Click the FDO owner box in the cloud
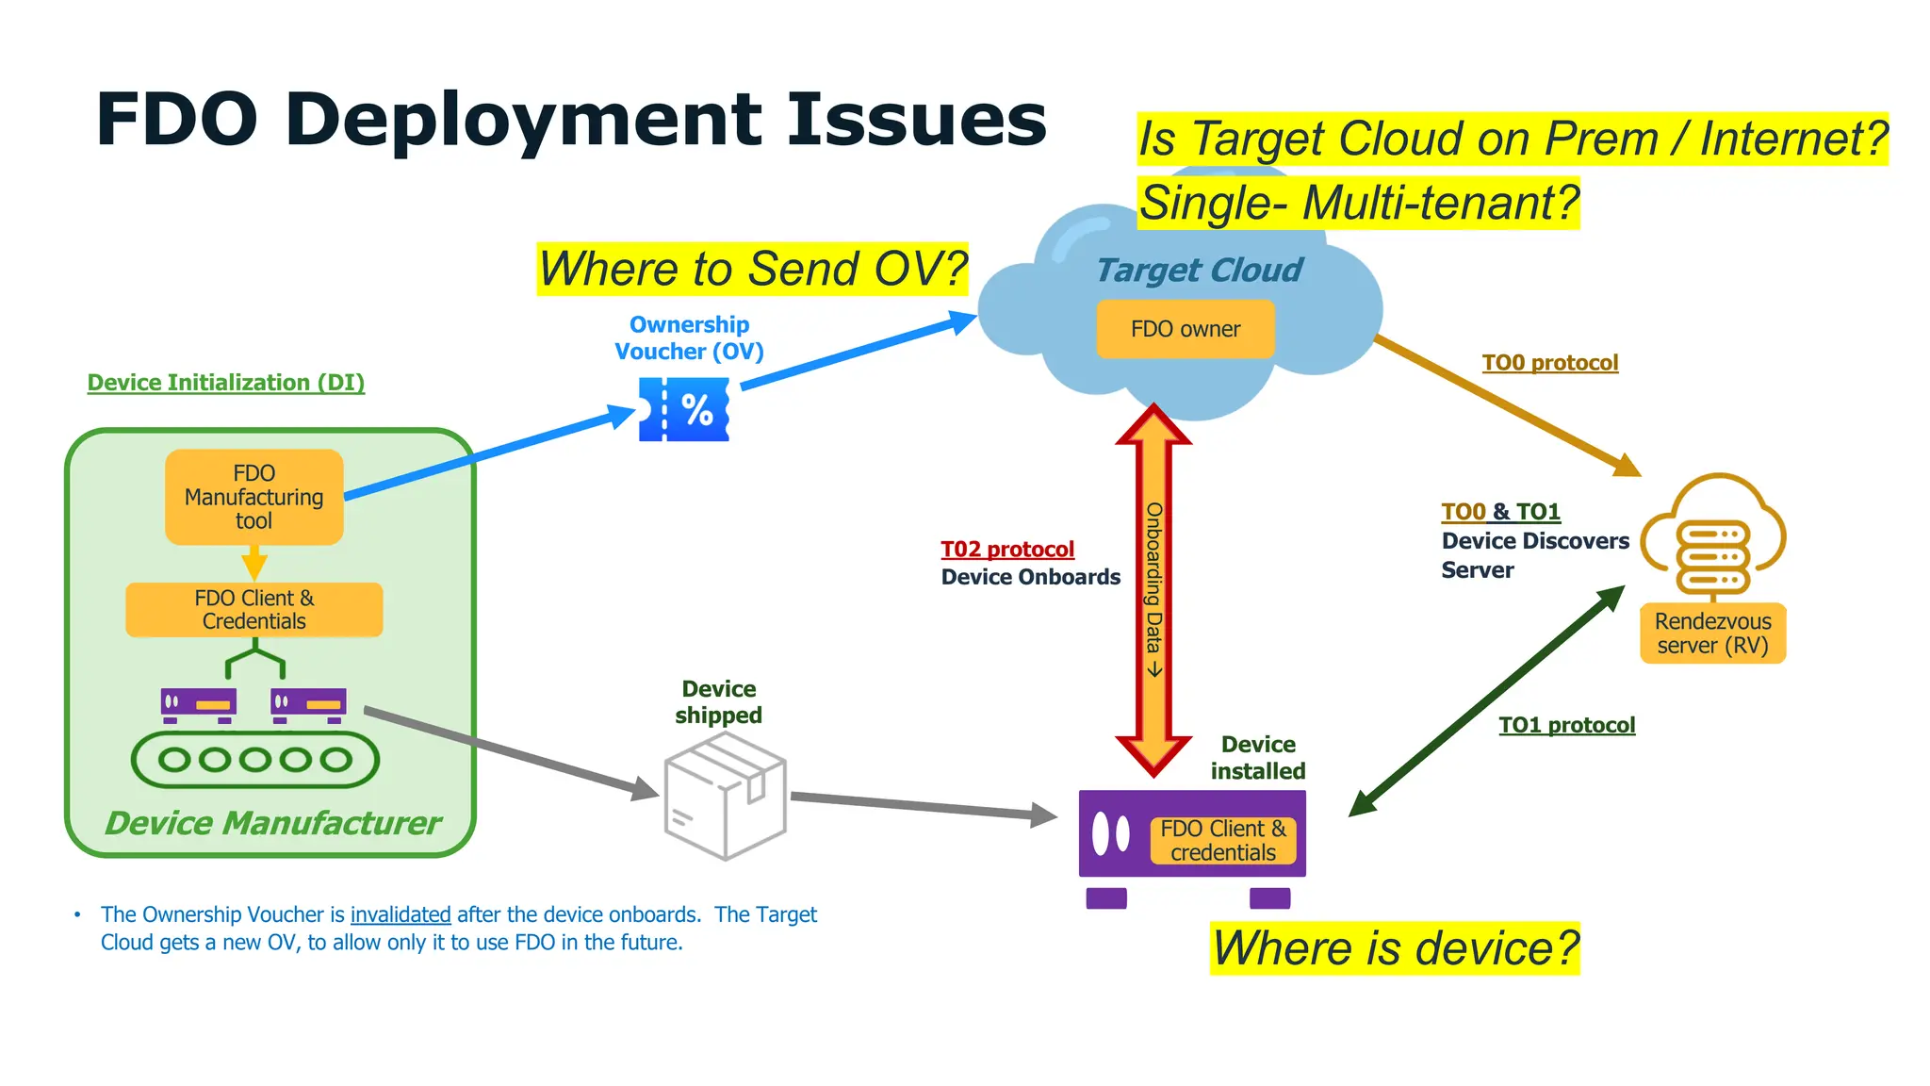(x=1185, y=329)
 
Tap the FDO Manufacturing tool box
(x=254, y=497)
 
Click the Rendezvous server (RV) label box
(x=1712, y=633)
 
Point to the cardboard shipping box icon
(x=725, y=797)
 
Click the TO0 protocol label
(x=1549, y=363)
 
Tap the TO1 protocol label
(x=1566, y=725)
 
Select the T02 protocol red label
(x=1007, y=550)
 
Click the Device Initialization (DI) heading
(x=226, y=383)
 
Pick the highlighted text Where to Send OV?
(x=752, y=270)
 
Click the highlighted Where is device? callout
(x=1395, y=948)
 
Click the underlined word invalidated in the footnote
(x=401, y=914)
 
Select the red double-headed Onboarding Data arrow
(x=1153, y=590)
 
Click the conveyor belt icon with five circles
(x=254, y=760)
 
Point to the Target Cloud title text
(x=1199, y=271)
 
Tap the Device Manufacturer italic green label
(x=272, y=823)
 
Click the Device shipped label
(x=718, y=702)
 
